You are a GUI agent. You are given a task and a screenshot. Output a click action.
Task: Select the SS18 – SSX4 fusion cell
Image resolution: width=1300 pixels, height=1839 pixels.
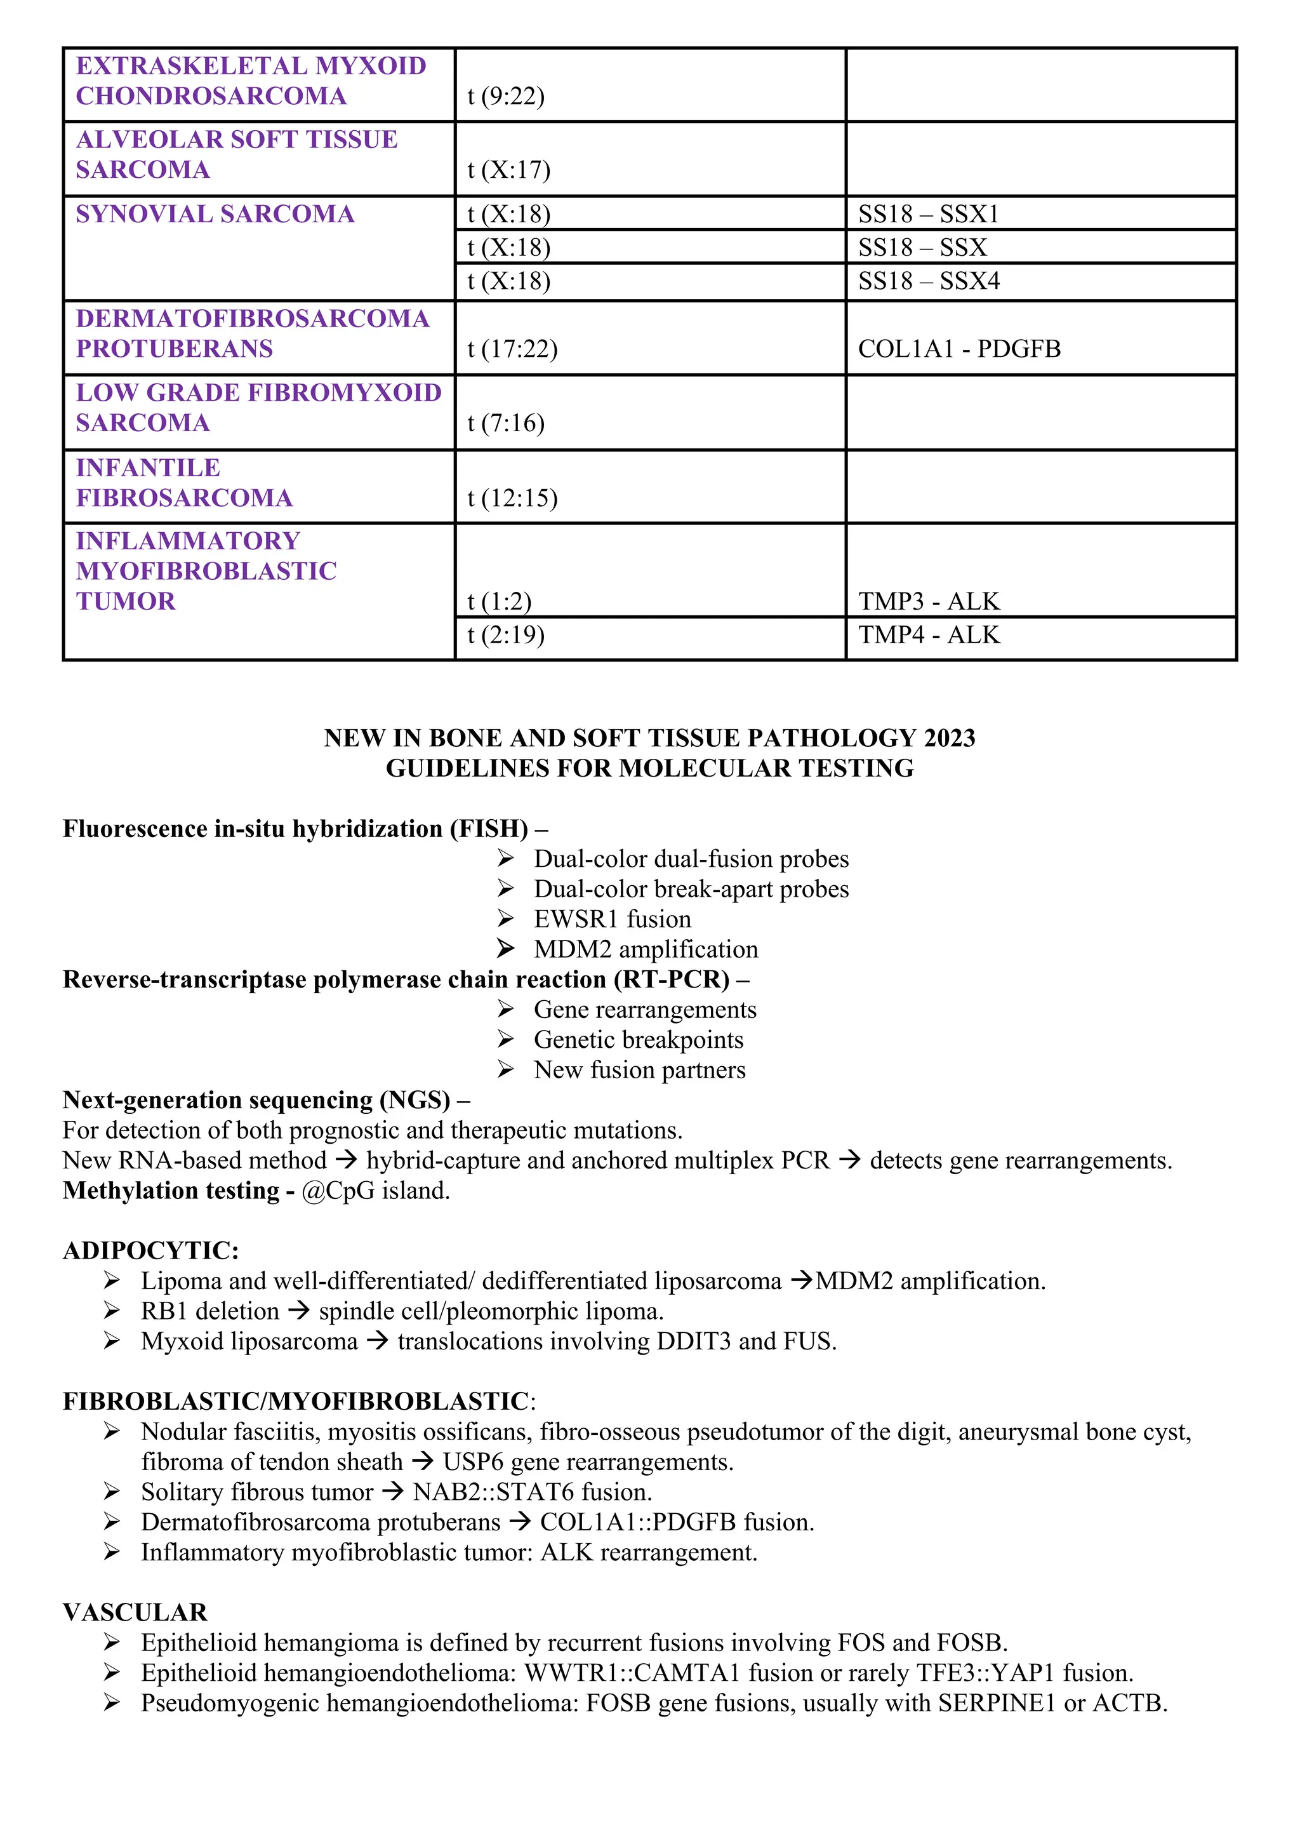pos(929,281)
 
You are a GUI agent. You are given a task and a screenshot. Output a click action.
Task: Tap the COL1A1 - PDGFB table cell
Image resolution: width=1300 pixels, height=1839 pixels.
pos(959,349)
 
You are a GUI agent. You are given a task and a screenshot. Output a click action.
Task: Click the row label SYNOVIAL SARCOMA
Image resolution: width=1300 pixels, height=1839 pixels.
pos(215,215)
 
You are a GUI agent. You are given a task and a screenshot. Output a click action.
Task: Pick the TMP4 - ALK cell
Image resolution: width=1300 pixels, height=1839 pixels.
pos(929,635)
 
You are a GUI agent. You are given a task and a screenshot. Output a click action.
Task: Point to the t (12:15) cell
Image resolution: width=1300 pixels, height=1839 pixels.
pos(512,498)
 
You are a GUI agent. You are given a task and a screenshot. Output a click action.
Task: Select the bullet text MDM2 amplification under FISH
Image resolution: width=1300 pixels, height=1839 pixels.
pos(645,949)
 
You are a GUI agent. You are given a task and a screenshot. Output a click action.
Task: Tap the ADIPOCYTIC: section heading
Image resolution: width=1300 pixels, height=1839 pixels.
pos(150,1250)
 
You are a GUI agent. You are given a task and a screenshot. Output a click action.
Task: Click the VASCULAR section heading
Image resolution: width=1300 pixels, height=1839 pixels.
pos(135,1612)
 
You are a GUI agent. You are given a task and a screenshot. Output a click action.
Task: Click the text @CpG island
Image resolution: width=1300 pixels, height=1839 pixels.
pos(375,1191)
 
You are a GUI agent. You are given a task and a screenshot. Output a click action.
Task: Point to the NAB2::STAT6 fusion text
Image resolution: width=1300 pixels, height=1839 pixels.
pos(531,1492)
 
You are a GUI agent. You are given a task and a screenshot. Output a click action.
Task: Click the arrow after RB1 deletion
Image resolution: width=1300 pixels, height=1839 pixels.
pos(298,1311)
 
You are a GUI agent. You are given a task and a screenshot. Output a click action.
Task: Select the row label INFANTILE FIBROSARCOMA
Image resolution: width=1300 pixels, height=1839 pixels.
pos(183,483)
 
